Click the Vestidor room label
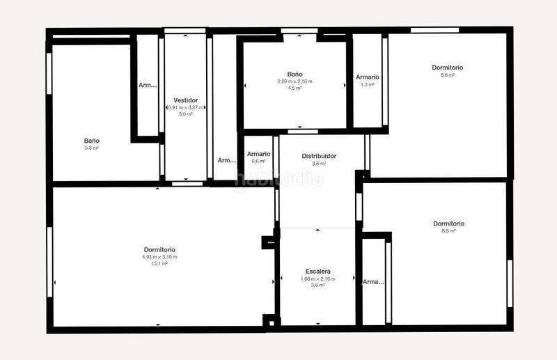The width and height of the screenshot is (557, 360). click(x=186, y=100)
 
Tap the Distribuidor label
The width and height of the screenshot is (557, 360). click(x=319, y=156)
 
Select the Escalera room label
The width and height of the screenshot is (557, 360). click(x=317, y=271)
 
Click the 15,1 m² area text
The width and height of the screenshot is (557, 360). click(x=159, y=264)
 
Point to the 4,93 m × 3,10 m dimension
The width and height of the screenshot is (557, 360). click(x=159, y=257)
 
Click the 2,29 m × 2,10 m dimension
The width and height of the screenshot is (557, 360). click(x=295, y=81)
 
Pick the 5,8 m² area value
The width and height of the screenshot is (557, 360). click(x=91, y=148)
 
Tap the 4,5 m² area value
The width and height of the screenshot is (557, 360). click(x=295, y=88)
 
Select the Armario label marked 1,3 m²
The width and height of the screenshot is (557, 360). click(x=368, y=77)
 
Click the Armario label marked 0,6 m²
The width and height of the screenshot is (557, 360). click(x=258, y=154)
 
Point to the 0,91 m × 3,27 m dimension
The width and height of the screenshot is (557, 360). click(x=186, y=107)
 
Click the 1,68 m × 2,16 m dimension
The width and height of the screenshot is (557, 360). click(x=317, y=279)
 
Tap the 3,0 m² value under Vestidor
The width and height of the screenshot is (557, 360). click(x=186, y=114)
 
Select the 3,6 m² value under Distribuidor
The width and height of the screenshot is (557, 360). click(x=319, y=164)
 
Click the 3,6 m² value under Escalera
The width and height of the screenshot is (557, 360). click(x=317, y=285)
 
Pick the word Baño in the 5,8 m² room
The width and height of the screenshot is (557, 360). click(x=91, y=141)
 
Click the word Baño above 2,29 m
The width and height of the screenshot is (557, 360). click(x=295, y=74)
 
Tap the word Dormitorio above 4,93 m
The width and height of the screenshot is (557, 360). click(x=159, y=249)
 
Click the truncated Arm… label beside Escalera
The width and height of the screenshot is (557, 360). click(x=373, y=282)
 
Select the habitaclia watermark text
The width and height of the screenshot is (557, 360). click(x=278, y=179)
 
